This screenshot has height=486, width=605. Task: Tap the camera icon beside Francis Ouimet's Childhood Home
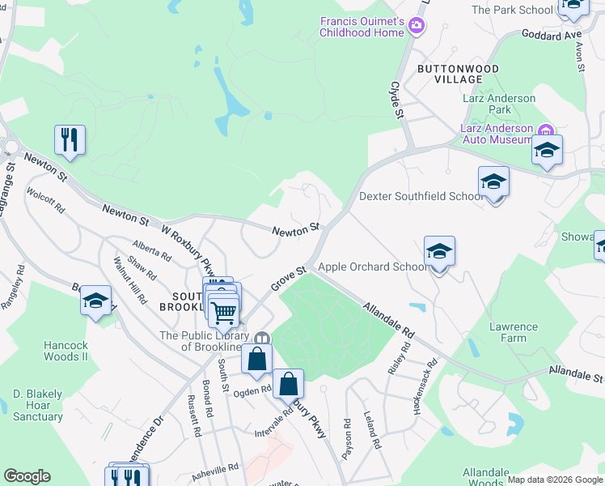(417, 26)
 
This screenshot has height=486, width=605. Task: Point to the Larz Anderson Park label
(501, 104)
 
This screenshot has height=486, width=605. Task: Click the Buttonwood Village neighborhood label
(458, 75)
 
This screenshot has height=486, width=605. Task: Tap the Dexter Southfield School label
(421, 196)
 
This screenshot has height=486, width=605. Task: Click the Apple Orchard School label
(374, 266)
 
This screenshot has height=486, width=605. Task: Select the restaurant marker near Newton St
(70, 139)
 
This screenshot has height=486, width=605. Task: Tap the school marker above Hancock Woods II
(96, 303)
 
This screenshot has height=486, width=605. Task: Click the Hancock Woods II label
(66, 351)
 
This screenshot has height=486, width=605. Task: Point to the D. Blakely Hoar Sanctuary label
(37, 405)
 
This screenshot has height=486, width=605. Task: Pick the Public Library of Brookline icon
(261, 339)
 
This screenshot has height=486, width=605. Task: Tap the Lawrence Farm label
(513, 332)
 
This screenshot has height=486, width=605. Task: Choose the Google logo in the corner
(27, 476)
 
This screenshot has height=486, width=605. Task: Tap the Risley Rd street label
(394, 357)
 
